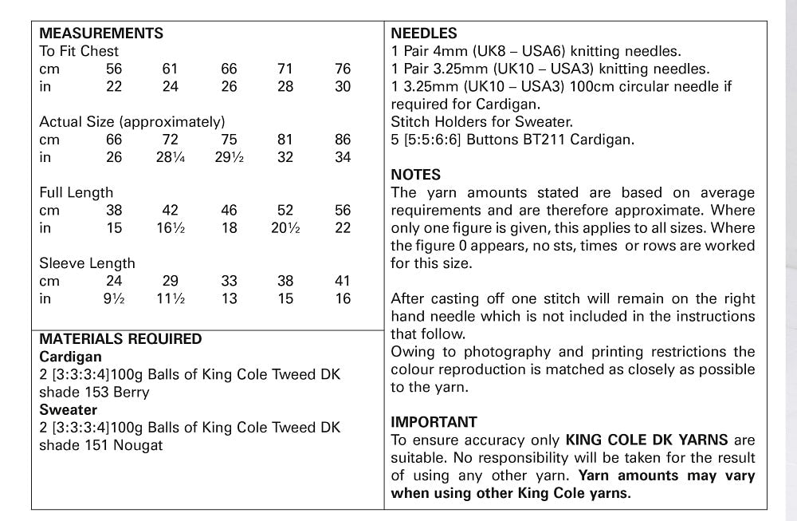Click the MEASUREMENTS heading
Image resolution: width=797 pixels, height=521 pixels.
(101, 34)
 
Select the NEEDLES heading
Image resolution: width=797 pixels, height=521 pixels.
(424, 34)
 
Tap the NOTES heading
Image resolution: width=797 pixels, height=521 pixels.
(415, 175)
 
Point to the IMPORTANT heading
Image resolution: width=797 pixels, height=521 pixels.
(434, 422)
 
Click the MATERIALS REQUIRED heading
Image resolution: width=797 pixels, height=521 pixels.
(120, 339)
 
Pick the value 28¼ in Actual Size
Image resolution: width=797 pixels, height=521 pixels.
(171, 157)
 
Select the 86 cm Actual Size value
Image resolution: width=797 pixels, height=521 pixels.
(343, 140)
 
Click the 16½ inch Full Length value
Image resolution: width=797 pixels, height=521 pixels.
(171, 228)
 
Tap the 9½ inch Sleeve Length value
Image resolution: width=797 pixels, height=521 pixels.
(114, 298)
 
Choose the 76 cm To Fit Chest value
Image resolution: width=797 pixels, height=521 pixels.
(343, 69)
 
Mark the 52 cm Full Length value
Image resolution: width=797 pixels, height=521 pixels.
(285, 211)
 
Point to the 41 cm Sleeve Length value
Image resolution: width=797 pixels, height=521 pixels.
(343, 281)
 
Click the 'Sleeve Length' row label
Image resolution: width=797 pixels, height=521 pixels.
(87, 263)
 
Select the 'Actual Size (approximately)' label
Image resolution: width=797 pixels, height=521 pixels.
(132, 122)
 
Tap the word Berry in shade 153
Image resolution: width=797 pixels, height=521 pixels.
(131, 393)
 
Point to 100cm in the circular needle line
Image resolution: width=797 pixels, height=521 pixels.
(629, 86)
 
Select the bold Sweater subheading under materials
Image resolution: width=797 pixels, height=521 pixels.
(68, 410)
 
